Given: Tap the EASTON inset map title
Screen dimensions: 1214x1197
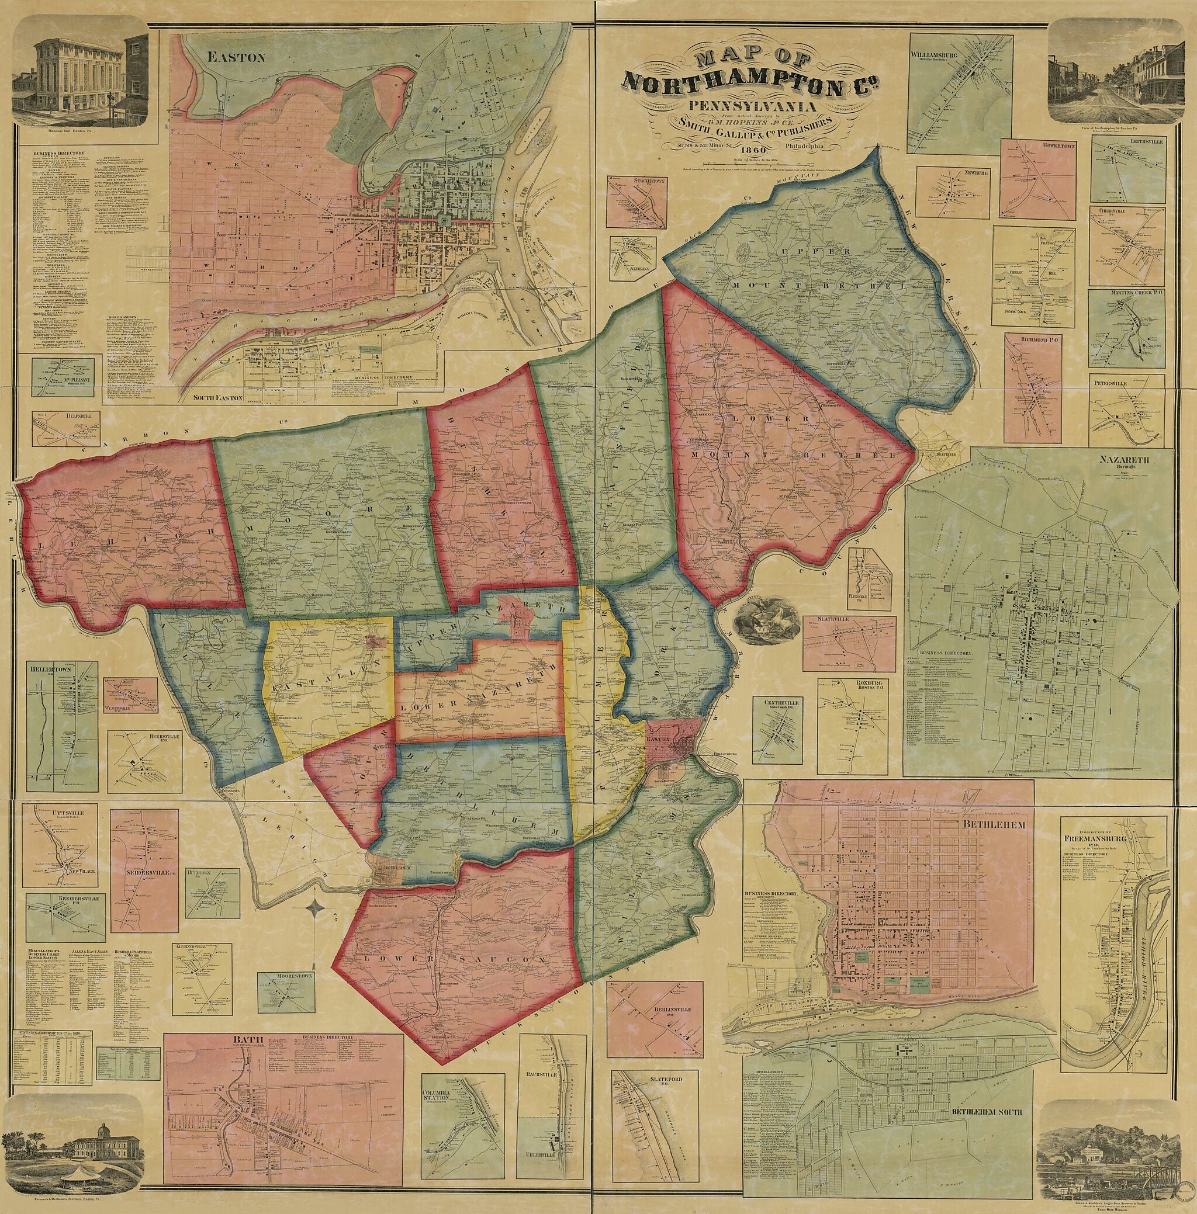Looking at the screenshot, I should click(x=231, y=58).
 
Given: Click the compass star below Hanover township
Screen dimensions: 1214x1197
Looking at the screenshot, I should click(x=316, y=908).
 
